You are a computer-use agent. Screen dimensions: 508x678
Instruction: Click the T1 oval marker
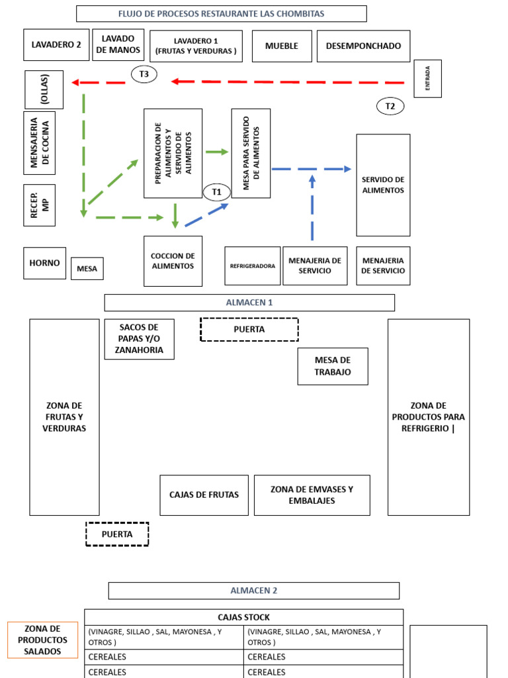[216, 192]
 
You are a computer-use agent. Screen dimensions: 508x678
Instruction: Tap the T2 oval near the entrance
[390, 107]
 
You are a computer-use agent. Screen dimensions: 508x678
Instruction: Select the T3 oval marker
[144, 74]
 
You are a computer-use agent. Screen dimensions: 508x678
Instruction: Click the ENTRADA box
[428, 79]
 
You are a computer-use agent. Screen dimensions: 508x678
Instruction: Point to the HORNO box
[44, 263]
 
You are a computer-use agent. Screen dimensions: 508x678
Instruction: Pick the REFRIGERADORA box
[252, 266]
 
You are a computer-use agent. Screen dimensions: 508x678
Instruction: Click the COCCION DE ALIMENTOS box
[173, 261]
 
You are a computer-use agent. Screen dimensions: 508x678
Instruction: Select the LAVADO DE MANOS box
[118, 44]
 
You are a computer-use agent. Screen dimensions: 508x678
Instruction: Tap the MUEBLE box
[282, 46]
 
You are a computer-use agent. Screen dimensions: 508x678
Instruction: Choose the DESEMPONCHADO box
[363, 46]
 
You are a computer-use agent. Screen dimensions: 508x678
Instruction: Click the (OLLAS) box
[44, 89]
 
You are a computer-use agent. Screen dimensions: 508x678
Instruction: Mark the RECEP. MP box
[39, 205]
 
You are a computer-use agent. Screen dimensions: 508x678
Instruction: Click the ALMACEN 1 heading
[249, 303]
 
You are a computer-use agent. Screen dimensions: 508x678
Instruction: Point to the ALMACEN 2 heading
[253, 591]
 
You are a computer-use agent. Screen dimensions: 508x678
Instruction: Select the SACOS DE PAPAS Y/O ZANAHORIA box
[139, 339]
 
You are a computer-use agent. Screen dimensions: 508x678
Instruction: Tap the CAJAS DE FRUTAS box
[204, 495]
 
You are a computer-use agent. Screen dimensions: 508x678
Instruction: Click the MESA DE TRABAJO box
[333, 366]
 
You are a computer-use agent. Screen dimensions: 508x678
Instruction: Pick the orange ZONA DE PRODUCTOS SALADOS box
[42, 640]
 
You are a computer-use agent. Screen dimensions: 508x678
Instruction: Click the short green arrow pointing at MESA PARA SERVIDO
[217, 152]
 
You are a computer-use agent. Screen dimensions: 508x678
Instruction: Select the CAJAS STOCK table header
[243, 617]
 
